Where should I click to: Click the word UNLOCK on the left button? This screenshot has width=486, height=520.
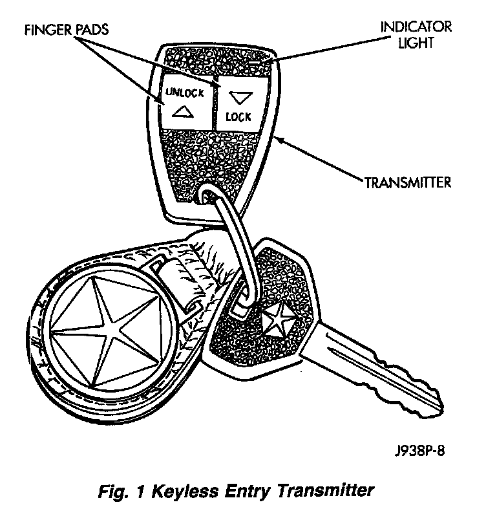185,92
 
